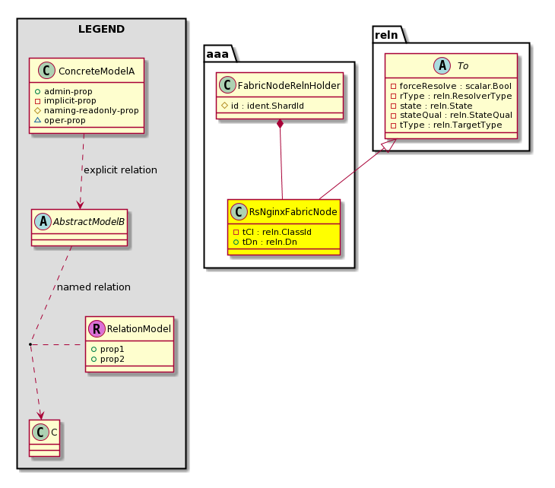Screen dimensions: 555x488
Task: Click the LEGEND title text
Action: pyautogui.click(x=101, y=29)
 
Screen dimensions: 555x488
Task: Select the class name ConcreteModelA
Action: pyautogui.click(x=97, y=71)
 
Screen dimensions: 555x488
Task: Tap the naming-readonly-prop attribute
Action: pyautogui.click(x=91, y=110)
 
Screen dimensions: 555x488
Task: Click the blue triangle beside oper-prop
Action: pyautogui.click(x=37, y=120)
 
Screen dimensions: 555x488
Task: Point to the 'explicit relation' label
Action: pyautogui.click(x=120, y=170)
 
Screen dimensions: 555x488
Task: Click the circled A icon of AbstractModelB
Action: pyautogui.click(x=43, y=221)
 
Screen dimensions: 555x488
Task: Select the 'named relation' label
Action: pyautogui.click(x=94, y=287)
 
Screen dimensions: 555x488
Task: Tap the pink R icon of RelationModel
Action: pyautogui.click(x=97, y=329)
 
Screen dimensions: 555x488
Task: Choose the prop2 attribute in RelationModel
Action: pyautogui.click(x=113, y=360)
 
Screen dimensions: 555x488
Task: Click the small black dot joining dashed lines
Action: pyautogui.click(x=30, y=344)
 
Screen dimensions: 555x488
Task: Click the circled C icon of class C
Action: pyautogui.click(x=40, y=432)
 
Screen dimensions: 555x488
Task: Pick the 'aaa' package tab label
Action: pyautogui.click(x=217, y=54)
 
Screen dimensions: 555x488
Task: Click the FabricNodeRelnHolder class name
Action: pyautogui.click(x=289, y=86)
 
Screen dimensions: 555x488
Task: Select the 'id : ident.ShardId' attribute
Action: pyautogui.click(x=267, y=106)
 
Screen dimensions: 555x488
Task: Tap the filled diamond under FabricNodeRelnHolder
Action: pyautogui.click(x=280, y=124)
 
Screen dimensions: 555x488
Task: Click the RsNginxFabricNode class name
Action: pyautogui.click(x=293, y=212)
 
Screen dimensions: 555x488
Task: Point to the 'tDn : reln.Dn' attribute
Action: pyautogui.click(x=270, y=242)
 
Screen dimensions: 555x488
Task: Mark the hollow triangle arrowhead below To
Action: pyautogui.click(x=391, y=144)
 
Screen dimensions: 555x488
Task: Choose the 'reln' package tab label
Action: pyautogui.click(x=386, y=35)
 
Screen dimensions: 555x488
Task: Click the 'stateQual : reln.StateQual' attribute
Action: pyautogui.click(x=456, y=115)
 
